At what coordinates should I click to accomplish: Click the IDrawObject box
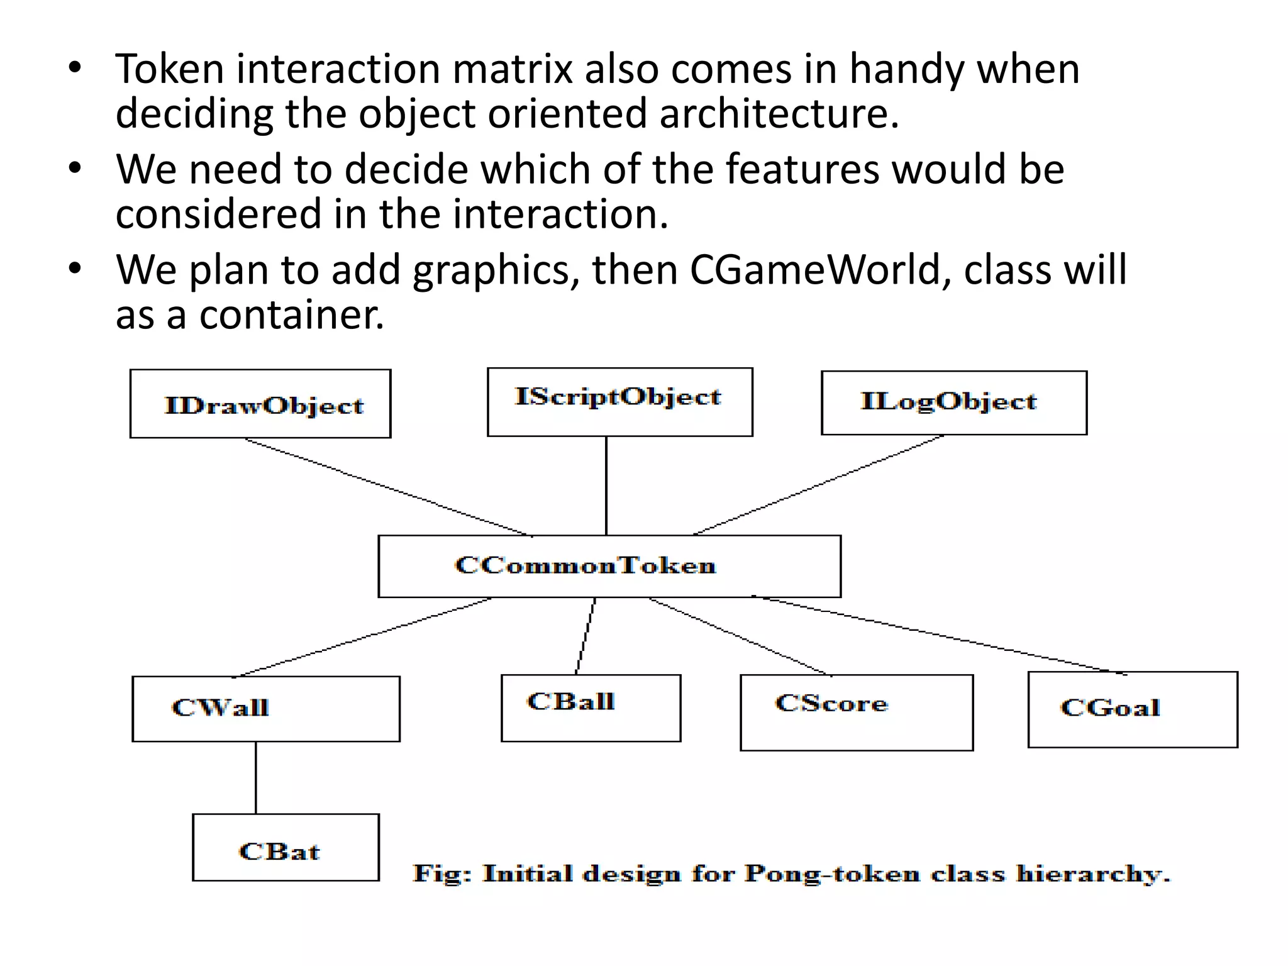point(260,404)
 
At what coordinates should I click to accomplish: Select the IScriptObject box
point(619,402)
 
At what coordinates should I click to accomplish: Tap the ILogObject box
point(953,402)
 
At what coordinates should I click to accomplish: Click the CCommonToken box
point(609,566)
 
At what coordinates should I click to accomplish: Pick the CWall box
point(265,709)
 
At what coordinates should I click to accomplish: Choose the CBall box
point(591,708)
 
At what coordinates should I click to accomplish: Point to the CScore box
point(856,712)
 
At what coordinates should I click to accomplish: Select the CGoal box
point(1132,709)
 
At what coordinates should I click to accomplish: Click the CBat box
point(286,847)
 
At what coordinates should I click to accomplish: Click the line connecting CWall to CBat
point(255,777)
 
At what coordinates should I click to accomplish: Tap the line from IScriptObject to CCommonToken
point(606,486)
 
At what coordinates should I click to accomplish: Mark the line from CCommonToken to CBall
point(586,636)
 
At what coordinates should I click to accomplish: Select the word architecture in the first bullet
point(779,114)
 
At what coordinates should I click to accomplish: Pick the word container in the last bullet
point(291,315)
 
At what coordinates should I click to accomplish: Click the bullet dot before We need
point(75,169)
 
